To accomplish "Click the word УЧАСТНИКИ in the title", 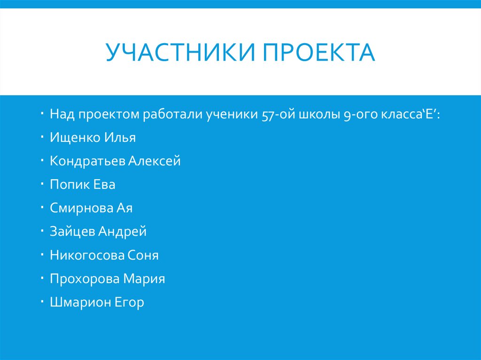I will (x=180, y=53).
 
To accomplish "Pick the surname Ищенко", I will (x=74, y=138).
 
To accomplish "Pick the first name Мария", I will (x=144, y=279).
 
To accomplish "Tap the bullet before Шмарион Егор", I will (x=42, y=300).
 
